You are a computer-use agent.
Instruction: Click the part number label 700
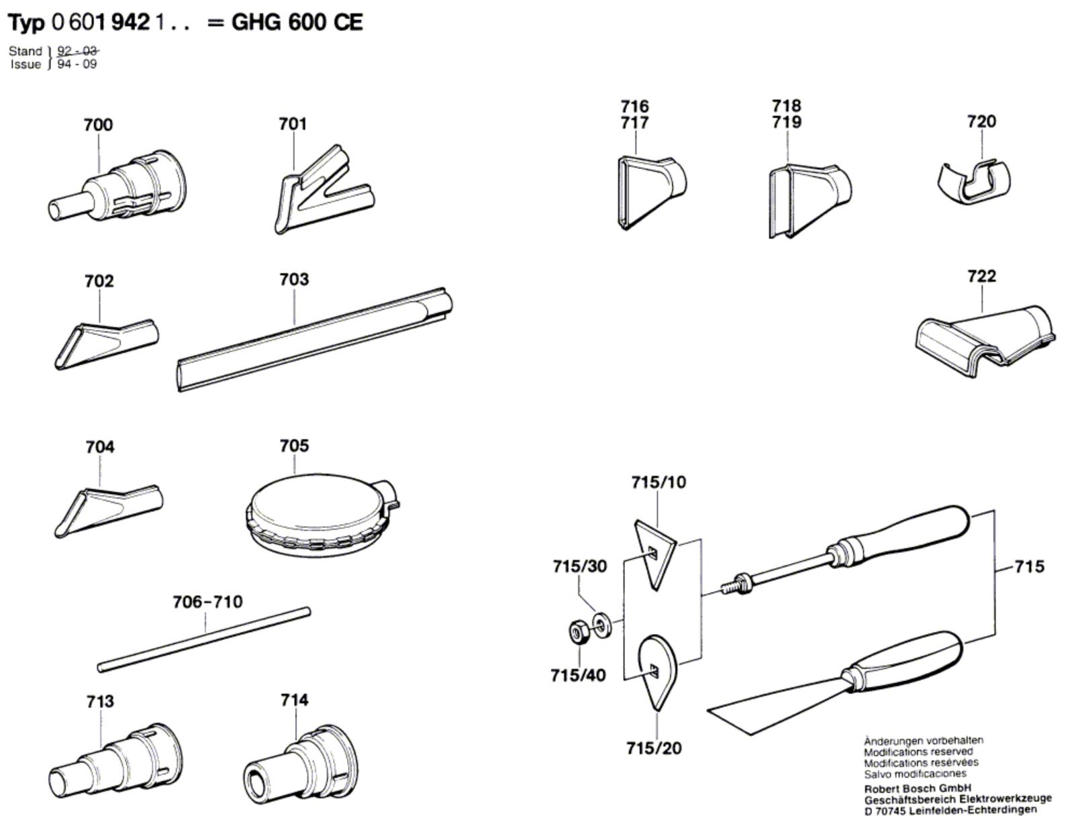(98, 125)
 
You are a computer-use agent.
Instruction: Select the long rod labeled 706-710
(203, 639)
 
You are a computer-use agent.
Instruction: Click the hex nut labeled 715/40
(579, 631)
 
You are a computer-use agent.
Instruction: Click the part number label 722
(981, 276)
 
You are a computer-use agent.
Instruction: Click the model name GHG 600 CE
(297, 23)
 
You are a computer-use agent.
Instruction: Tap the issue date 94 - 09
(77, 64)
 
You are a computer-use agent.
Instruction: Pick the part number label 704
(99, 447)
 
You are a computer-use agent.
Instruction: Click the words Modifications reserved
(918, 752)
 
